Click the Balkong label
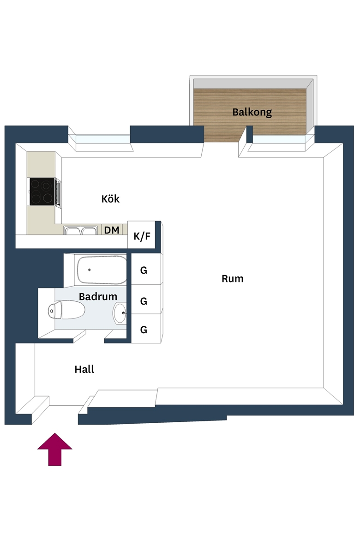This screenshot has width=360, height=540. click(x=252, y=112)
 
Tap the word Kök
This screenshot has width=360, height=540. click(x=110, y=199)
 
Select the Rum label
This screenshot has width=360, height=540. click(x=233, y=279)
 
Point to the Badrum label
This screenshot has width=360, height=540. click(x=98, y=296)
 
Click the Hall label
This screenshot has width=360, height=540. click(x=84, y=369)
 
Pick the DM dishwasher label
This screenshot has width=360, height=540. click(x=112, y=230)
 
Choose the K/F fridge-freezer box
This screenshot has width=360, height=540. click(x=142, y=235)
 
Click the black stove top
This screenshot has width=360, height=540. click(x=42, y=192)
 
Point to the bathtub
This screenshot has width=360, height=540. click(x=102, y=270)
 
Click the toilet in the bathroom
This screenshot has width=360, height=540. click(x=66, y=310)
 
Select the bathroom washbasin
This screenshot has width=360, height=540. click(x=120, y=313)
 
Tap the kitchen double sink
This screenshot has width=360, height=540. click(x=81, y=230)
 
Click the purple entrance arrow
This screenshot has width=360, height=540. click(x=55, y=449)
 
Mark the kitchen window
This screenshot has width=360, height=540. click(x=102, y=139)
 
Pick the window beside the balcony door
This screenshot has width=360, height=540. click(x=279, y=139)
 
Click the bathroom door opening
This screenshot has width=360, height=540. click(x=89, y=341)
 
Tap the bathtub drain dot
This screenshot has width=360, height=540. click(x=89, y=270)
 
